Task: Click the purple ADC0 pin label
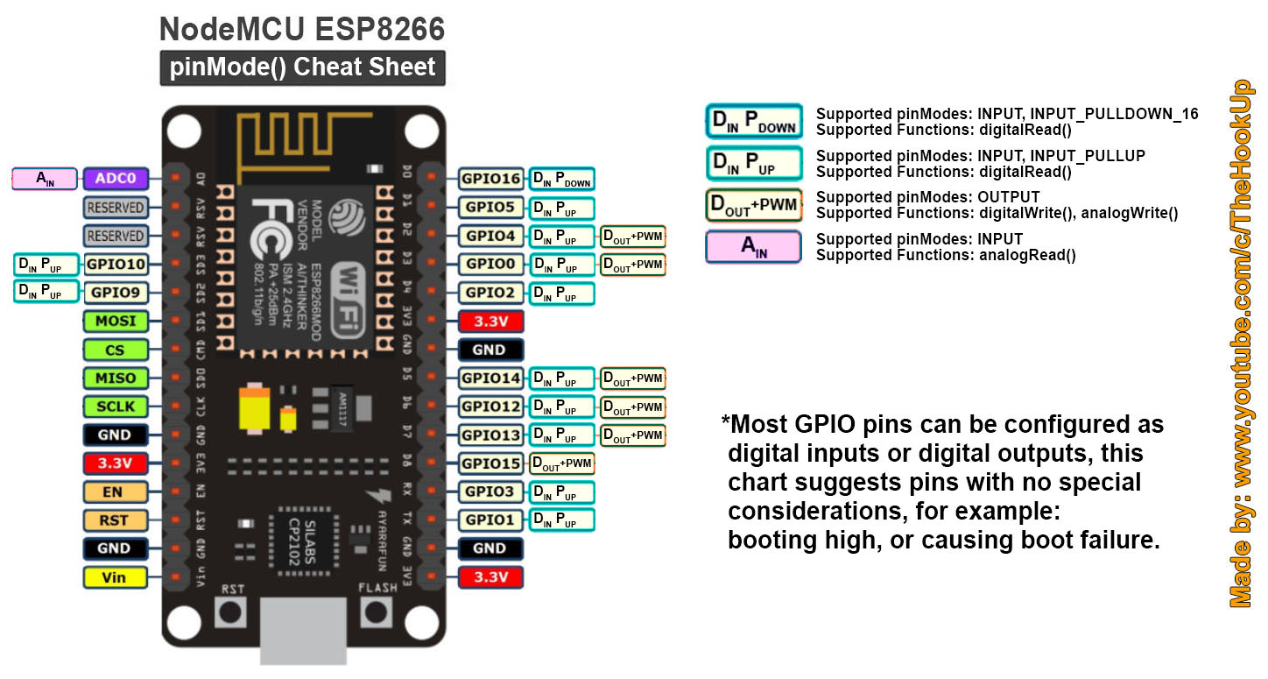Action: pyautogui.click(x=115, y=179)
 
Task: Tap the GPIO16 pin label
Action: pyautogui.click(x=490, y=179)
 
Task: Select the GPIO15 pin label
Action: pyautogui.click(x=490, y=463)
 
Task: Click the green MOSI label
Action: pyautogui.click(x=115, y=321)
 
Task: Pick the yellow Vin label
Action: pyautogui.click(x=115, y=577)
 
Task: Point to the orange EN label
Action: pyautogui.click(x=115, y=492)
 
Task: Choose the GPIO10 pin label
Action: pyautogui.click(x=115, y=264)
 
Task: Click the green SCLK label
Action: pyautogui.click(x=115, y=407)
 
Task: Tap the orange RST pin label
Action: pyautogui.click(x=115, y=520)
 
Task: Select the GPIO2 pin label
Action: pyautogui.click(x=490, y=293)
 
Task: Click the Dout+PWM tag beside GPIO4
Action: pyautogui.click(x=632, y=236)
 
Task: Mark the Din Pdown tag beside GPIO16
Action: pyautogui.click(x=561, y=180)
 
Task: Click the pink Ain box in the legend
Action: pyautogui.click(x=753, y=247)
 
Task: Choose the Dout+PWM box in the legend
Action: pyautogui.click(x=753, y=205)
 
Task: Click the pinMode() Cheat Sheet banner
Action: pyautogui.click(x=302, y=67)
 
